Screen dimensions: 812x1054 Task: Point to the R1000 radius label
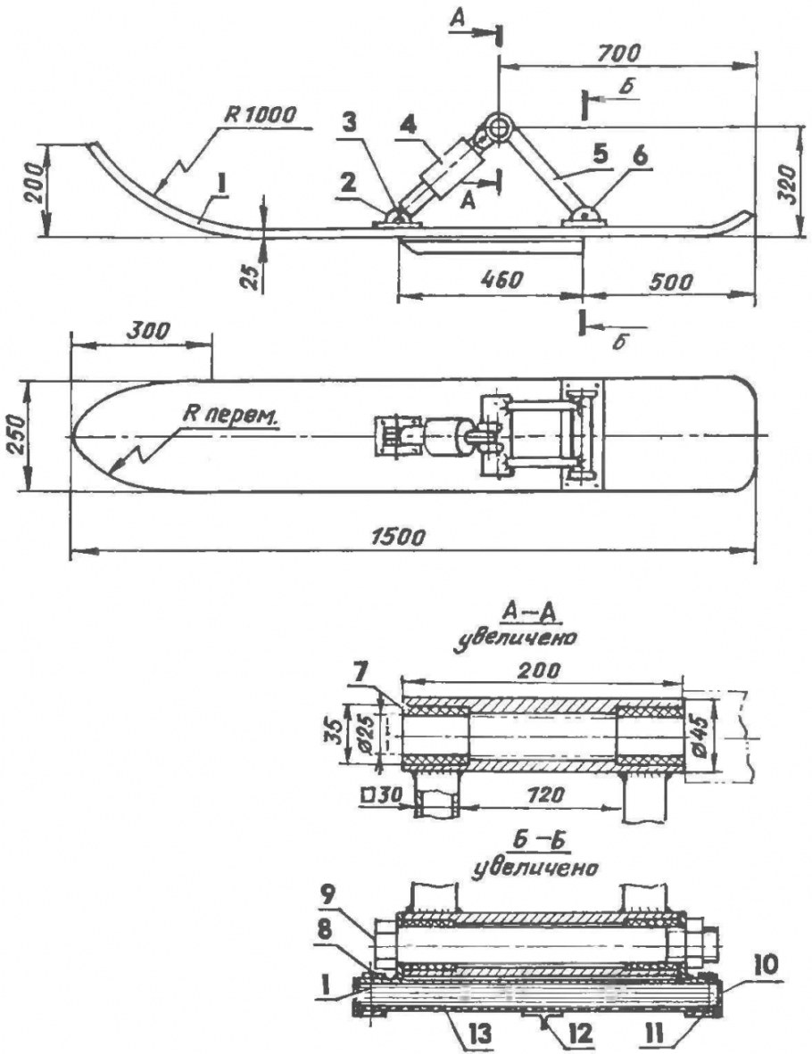tap(260, 115)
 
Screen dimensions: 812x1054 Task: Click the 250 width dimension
tap(18, 435)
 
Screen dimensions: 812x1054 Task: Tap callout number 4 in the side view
tap(406, 126)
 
